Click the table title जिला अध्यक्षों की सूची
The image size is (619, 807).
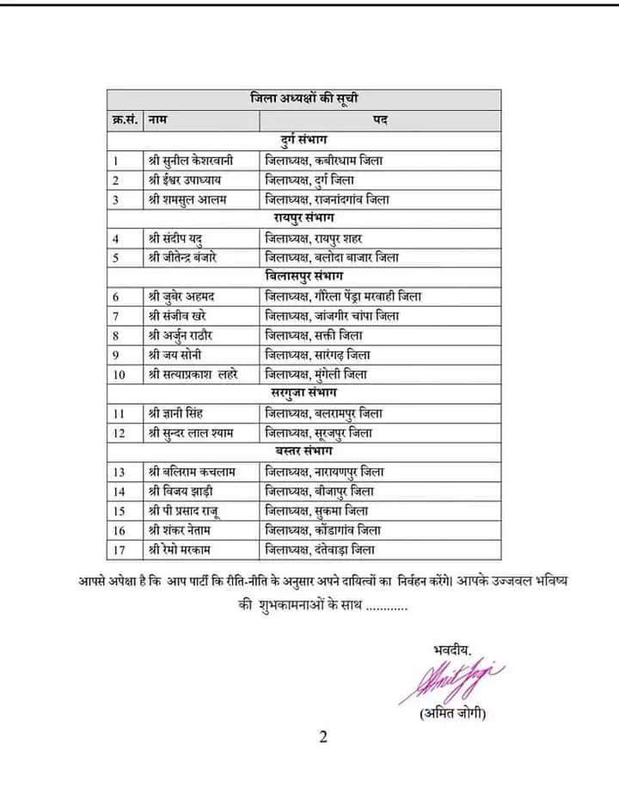[x=304, y=98]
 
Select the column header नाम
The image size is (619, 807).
[x=157, y=119]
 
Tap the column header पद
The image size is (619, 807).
[x=379, y=119]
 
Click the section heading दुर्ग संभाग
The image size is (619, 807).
[x=304, y=139]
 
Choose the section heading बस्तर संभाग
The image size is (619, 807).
[x=304, y=450]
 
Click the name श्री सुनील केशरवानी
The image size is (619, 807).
[x=199, y=160]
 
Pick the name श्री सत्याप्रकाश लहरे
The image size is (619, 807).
[x=199, y=374]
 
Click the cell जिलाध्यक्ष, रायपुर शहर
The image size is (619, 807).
[x=323, y=238]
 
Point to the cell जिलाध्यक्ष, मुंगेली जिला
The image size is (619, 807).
[x=316, y=374]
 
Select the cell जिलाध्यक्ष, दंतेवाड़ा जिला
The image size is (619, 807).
[x=321, y=549]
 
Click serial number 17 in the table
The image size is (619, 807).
[x=120, y=549]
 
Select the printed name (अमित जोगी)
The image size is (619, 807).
[x=453, y=714]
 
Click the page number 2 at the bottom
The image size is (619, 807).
[x=324, y=737]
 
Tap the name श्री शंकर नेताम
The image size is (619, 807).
[x=184, y=530]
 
